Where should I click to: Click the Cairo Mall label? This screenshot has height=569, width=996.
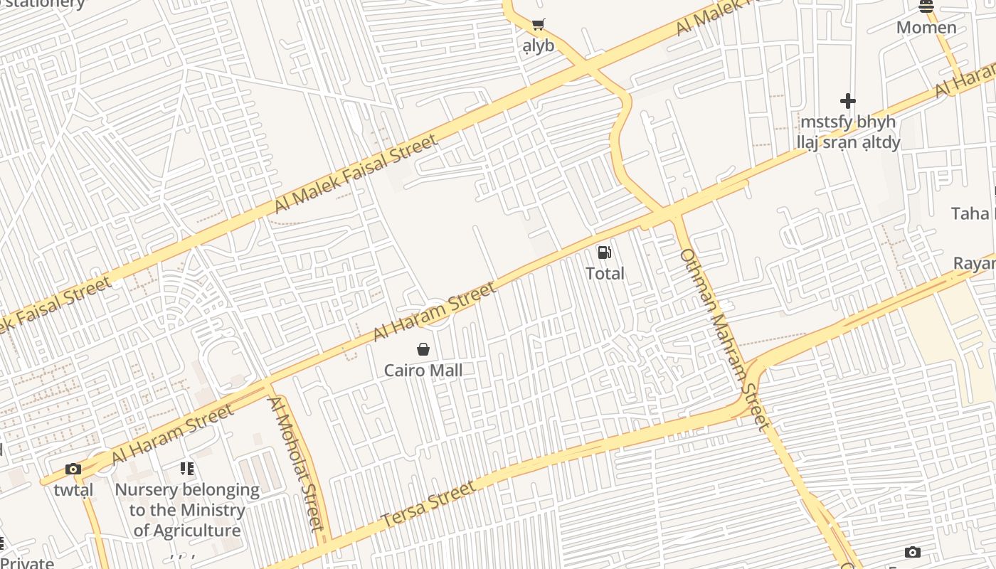(x=423, y=371)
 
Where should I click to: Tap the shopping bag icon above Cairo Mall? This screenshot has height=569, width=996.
(x=423, y=349)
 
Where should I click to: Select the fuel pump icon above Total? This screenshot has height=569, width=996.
(x=604, y=252)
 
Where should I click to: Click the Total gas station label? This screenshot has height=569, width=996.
(x=605, y=273)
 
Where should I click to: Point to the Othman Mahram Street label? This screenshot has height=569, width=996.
(x=724, y=339)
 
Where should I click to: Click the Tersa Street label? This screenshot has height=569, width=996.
(x=428, y=504)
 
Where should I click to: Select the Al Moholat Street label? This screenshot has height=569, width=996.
(x=296, y=463)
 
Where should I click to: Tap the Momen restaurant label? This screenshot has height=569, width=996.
(x=926, y=28)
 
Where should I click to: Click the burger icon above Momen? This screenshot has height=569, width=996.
(x=926, y=6)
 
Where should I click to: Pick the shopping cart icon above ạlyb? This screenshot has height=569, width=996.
(x=538, y=25)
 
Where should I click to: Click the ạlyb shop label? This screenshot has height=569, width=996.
(x=538, y=46)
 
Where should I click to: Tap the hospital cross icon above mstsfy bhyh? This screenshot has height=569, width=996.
(x=847, y=101)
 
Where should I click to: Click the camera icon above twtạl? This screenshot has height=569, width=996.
(x=73, y=469)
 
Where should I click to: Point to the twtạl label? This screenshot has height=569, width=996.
(x=73, y=490)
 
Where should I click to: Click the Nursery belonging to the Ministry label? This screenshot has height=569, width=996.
(x=187, y=490)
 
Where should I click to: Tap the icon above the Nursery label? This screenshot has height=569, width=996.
(x=187, y=469)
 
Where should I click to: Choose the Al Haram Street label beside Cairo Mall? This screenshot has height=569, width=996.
(x=434, y=312)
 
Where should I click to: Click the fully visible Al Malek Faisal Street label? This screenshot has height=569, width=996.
(x=356, y=174)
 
